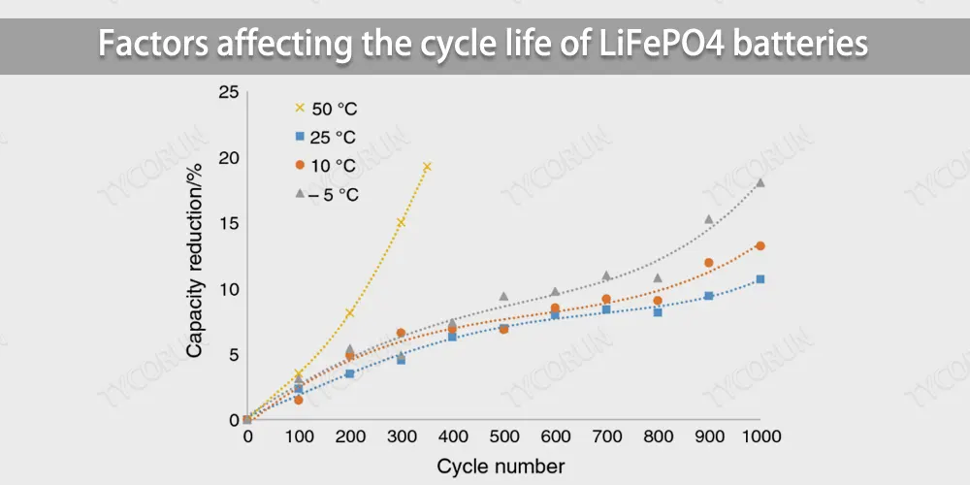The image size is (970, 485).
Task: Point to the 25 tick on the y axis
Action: click(228, 93)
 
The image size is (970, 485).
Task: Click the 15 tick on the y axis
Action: click(228, 224)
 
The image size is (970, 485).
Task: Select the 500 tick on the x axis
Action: click(503, 438)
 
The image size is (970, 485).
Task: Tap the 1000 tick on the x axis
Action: click(760, 438)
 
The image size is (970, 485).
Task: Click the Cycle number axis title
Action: click(501, 466)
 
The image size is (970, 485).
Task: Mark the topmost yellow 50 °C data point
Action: click(426, 167)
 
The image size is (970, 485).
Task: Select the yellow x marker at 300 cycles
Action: click(401, 223)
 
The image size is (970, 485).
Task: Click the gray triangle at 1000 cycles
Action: click(760, 182)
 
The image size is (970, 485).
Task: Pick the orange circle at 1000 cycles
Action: click(760, 246)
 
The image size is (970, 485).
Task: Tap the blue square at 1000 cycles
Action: click(760, 279)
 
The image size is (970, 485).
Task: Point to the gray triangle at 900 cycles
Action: click(708, 219)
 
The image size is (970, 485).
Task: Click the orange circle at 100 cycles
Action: click(299, 400)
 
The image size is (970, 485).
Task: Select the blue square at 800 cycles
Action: click(658, 311)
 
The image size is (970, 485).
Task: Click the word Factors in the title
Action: click(155, 45)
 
